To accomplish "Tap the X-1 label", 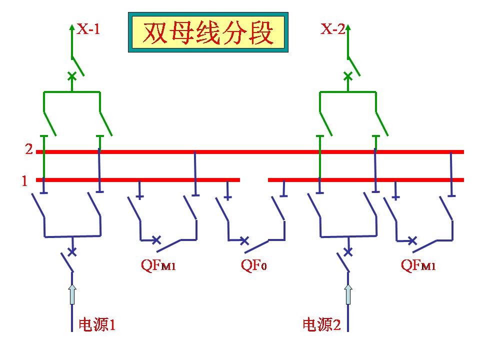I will click(88, 29).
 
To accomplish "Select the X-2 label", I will click(332, 29).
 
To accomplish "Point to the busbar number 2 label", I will click(29, 149).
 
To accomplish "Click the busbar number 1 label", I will click(24, 180).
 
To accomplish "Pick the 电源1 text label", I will click(97, 325).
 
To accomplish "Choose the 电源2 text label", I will click(321, 325).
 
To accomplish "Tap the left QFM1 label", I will click(158, 265).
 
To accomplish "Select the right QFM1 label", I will click(418, 265).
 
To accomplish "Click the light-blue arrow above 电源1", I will click(72, 293).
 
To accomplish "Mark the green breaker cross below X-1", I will click(72, 76).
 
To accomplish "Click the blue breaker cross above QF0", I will click(244, 240).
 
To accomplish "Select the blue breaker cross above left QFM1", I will click(156, 239).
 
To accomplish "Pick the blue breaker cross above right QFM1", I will click(412, 240).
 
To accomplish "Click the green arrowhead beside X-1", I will click(72, 27).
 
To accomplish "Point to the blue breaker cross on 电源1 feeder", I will click(72, 251).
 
